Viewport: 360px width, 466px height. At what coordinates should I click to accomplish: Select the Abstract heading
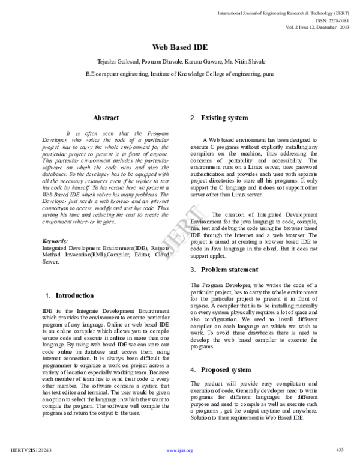point(106,118)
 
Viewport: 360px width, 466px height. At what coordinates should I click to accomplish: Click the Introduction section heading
point(74,295)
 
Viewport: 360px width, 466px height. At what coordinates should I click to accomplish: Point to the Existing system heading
point(224,118)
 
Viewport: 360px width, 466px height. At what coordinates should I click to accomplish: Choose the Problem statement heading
point(229,270)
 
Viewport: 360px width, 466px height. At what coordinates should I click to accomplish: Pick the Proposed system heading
point(226,369)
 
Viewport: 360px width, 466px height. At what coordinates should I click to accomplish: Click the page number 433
point(339,450)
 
